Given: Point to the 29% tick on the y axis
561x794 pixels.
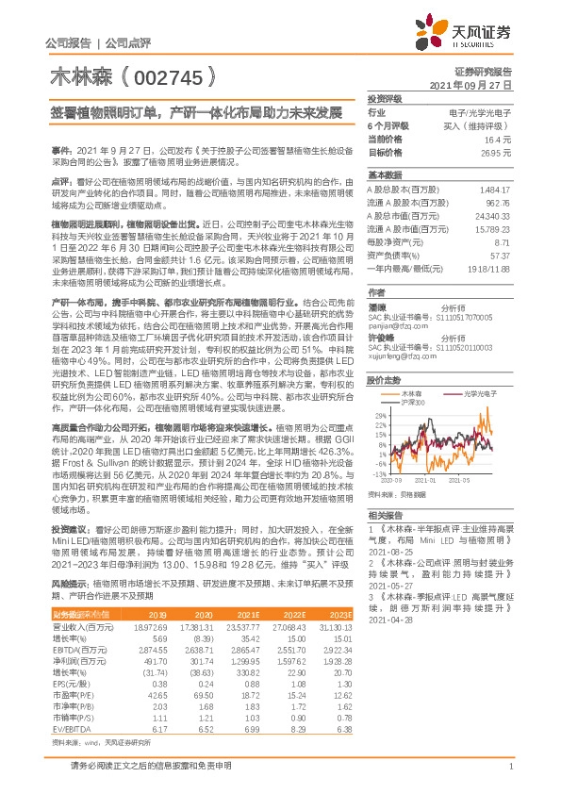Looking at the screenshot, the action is point(378,388).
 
